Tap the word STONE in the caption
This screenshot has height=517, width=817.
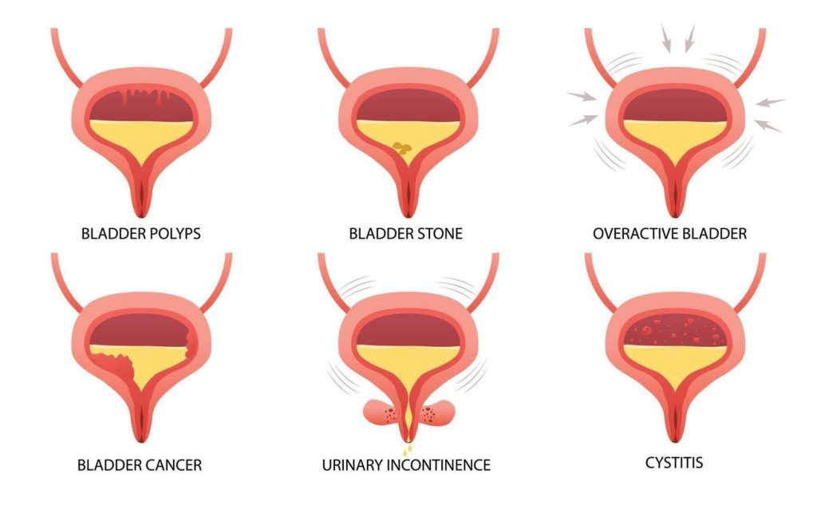[x=439, y=235]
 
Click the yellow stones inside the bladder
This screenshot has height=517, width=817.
[x=404, y=147]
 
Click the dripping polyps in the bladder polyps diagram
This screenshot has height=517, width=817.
[x=140, y=101]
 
